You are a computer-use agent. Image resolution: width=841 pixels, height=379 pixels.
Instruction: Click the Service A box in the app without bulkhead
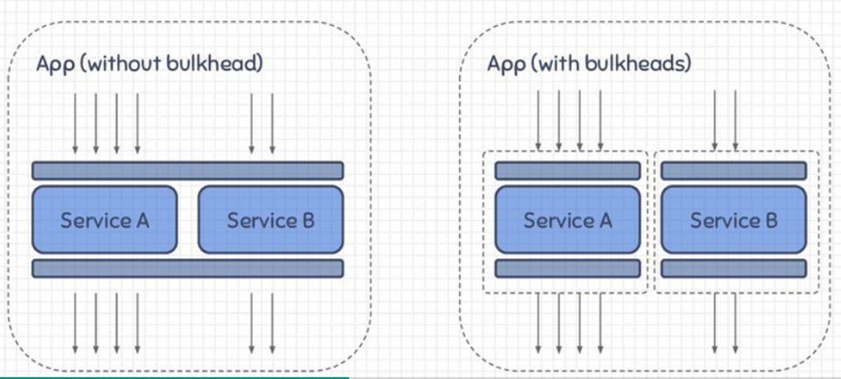click(x=105, y=218)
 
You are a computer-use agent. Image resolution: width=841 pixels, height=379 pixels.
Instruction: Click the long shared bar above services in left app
click(x=187, y=170)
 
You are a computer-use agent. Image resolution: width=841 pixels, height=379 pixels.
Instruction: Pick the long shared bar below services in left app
click(x=187, y=268)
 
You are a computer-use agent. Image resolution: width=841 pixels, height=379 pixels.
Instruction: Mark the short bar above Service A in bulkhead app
click(x=568, y=170)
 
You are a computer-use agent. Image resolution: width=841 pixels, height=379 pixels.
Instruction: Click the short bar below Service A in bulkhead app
click(x=568, y=268)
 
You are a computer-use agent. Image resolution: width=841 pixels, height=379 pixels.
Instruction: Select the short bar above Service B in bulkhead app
click(x=733, y=170)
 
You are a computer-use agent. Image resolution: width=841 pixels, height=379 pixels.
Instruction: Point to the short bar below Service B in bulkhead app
click(x=733, y=268)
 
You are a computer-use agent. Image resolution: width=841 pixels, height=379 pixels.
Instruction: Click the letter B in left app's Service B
click(x=307, y=219)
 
